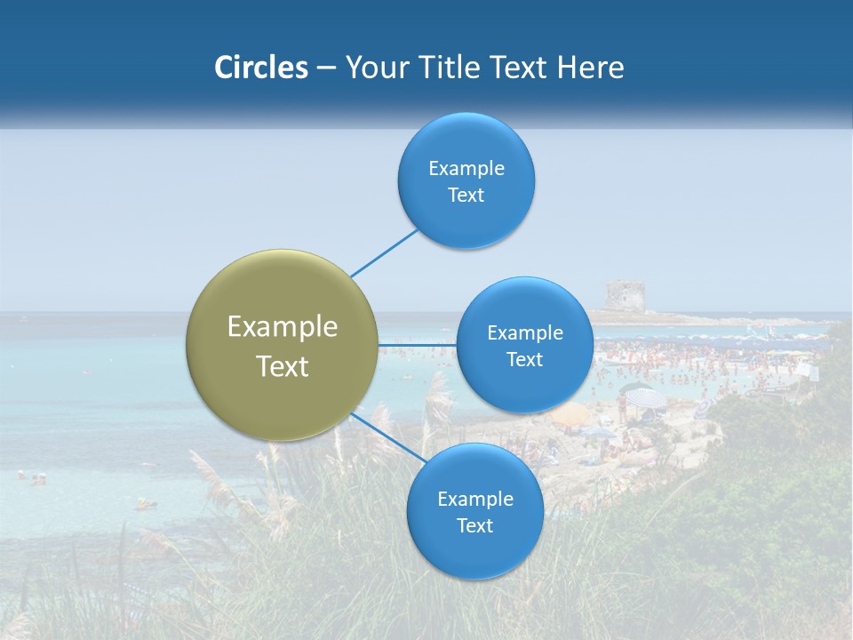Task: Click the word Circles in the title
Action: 260,68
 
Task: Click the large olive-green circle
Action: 283,345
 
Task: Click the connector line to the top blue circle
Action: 383,252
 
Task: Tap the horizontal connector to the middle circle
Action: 417,345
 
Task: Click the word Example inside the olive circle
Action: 283,327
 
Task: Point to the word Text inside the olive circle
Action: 283,366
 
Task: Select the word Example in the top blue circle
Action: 466,168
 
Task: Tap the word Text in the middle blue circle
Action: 524,359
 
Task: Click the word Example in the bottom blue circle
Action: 474,499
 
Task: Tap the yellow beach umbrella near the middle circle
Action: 570,414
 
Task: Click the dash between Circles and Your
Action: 326,68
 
